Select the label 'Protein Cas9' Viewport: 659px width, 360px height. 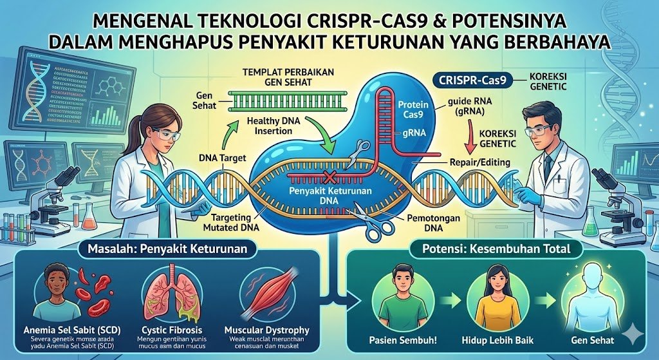coord(409,109)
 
